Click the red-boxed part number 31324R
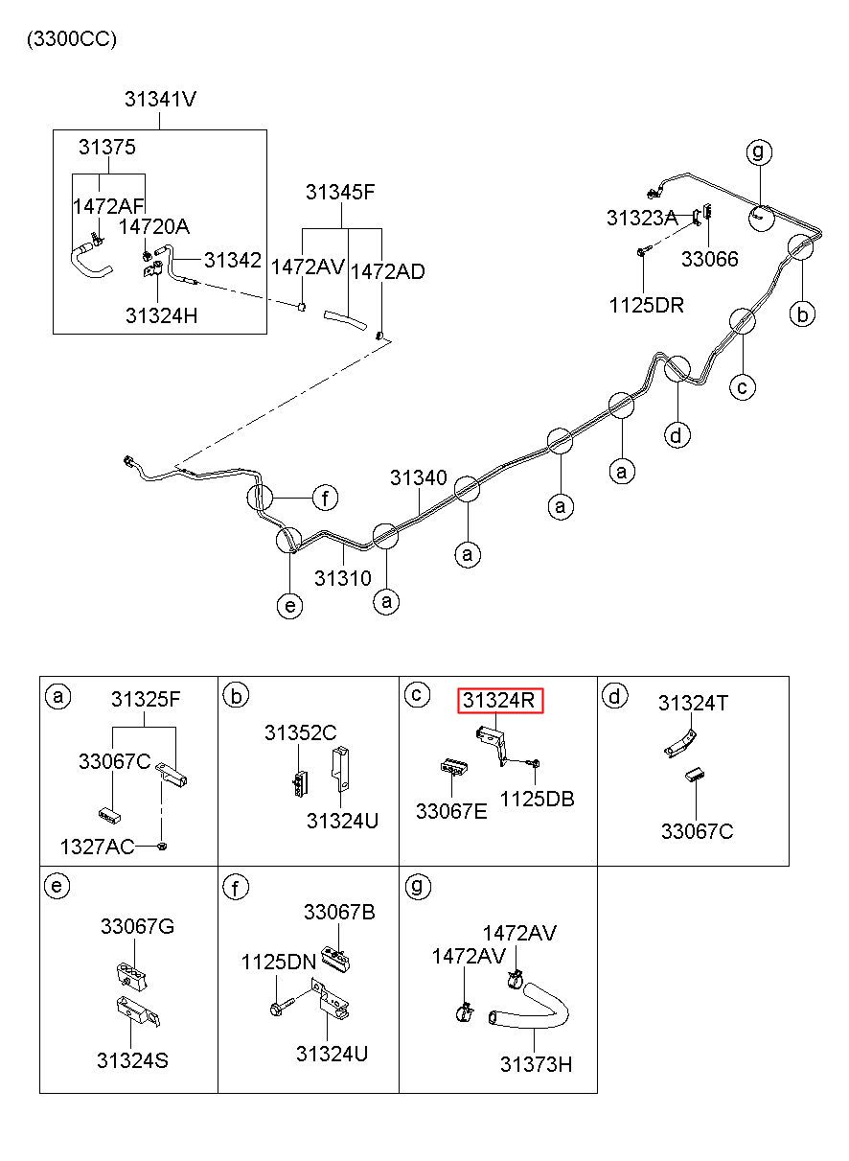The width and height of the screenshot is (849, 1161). click(498, 700)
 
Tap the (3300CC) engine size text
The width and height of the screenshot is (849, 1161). click(72, 39)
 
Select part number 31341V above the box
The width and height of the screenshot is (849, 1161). click(161, 99)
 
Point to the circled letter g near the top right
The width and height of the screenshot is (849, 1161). click(759, 151)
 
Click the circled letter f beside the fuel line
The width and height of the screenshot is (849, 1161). click(325, 499)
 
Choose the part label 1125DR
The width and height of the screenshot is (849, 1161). click(647, 305)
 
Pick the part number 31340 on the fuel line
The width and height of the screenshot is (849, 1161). click(418, 477)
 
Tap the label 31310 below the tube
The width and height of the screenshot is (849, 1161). click(343, 578)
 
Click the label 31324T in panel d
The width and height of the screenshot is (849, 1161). click(693, 703)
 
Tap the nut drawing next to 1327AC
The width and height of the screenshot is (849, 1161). click(162, 847)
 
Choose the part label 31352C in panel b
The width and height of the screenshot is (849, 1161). click(301, 732)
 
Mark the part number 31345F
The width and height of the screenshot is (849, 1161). click(340, 193)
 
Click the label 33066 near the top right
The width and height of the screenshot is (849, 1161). click(710, 259)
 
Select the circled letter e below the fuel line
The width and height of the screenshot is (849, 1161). click(290, 605)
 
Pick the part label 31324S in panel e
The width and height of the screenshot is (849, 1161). click(132, 1060)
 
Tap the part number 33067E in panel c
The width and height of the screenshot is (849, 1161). click(451, 811)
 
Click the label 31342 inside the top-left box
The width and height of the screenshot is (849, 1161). click(233, 260)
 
